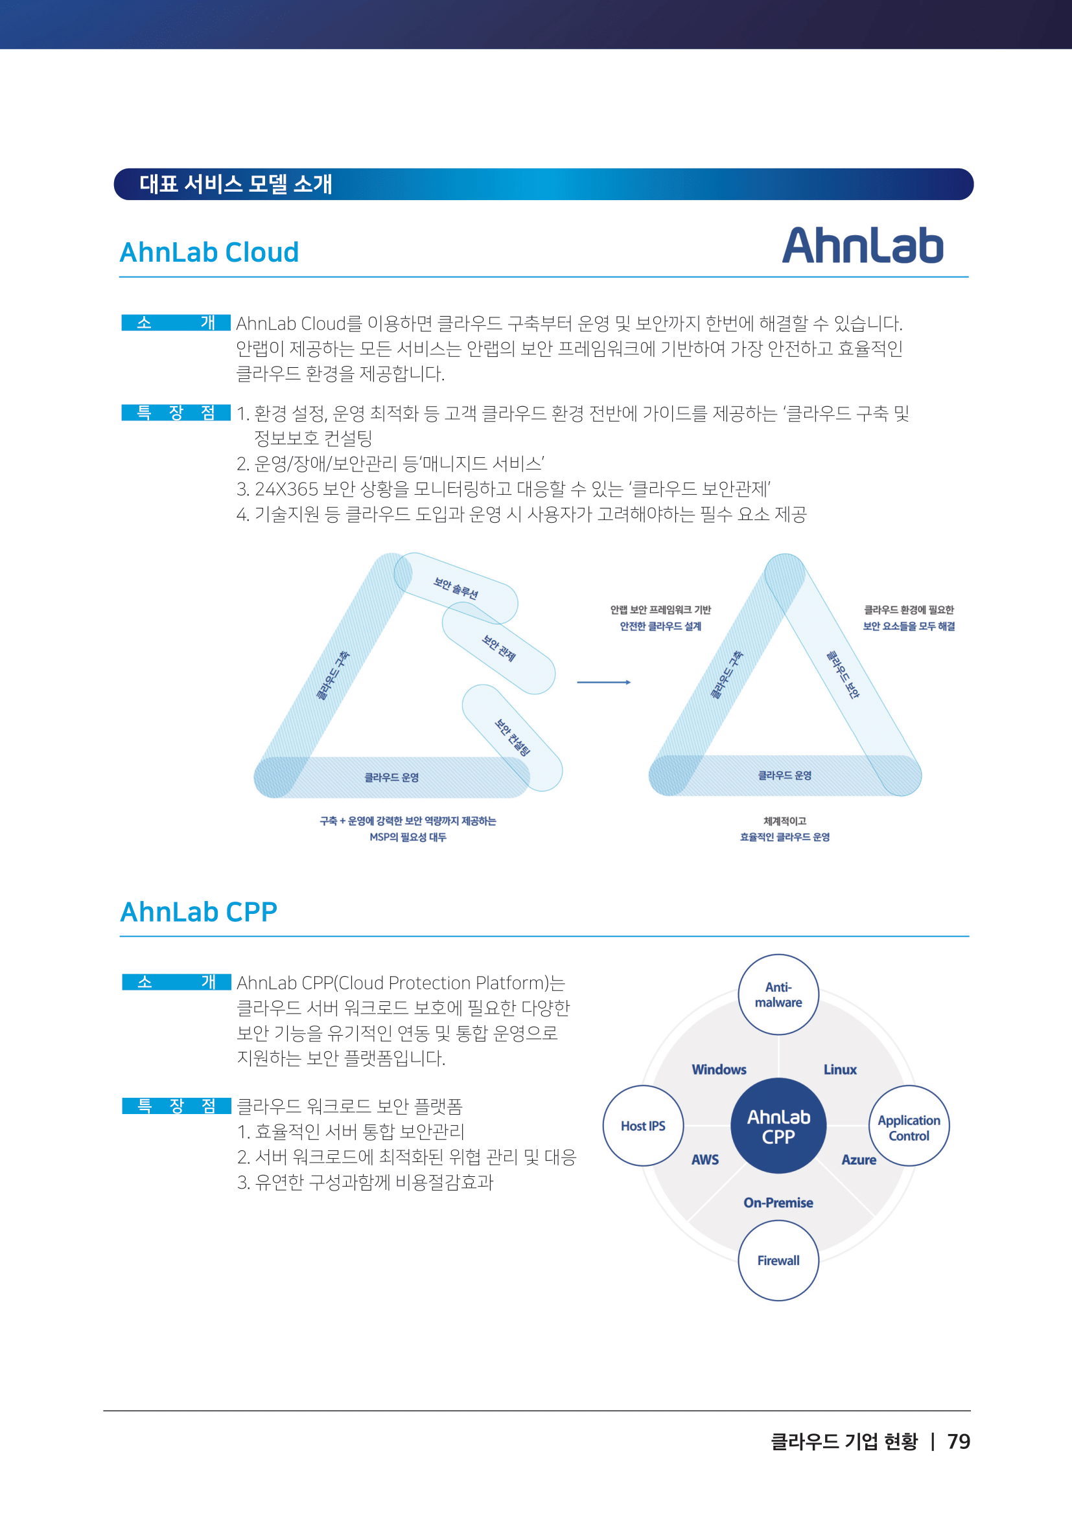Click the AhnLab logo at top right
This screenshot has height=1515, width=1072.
[862, 245]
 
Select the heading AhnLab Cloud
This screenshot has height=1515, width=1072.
[209, 252]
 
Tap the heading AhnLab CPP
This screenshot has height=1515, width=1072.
[198, 912]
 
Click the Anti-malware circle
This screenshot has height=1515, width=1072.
[778, 994]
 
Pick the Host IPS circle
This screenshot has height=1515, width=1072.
[643, 1126]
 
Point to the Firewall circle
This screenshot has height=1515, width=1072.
[778, 1260]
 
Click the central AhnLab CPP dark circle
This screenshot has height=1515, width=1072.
[778, 1126]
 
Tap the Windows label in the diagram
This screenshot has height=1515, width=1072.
[719, 1069]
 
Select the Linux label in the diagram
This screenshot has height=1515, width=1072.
[839, 1069]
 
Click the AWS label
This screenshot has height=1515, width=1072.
[705, 1159]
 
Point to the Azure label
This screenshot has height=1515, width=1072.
[858, 1159]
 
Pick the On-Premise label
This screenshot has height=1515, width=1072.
[778, 1202]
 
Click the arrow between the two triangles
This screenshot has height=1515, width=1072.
[603, 682]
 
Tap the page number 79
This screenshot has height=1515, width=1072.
[959, 1442]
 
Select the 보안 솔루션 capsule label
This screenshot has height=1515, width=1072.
[456, 587]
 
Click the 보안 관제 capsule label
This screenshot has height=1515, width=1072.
[498, 648]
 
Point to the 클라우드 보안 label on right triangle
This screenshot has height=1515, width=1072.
[843, 674]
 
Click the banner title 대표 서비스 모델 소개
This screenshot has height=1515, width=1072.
[236, 184]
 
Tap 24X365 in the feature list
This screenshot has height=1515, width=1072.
[286, 489]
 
